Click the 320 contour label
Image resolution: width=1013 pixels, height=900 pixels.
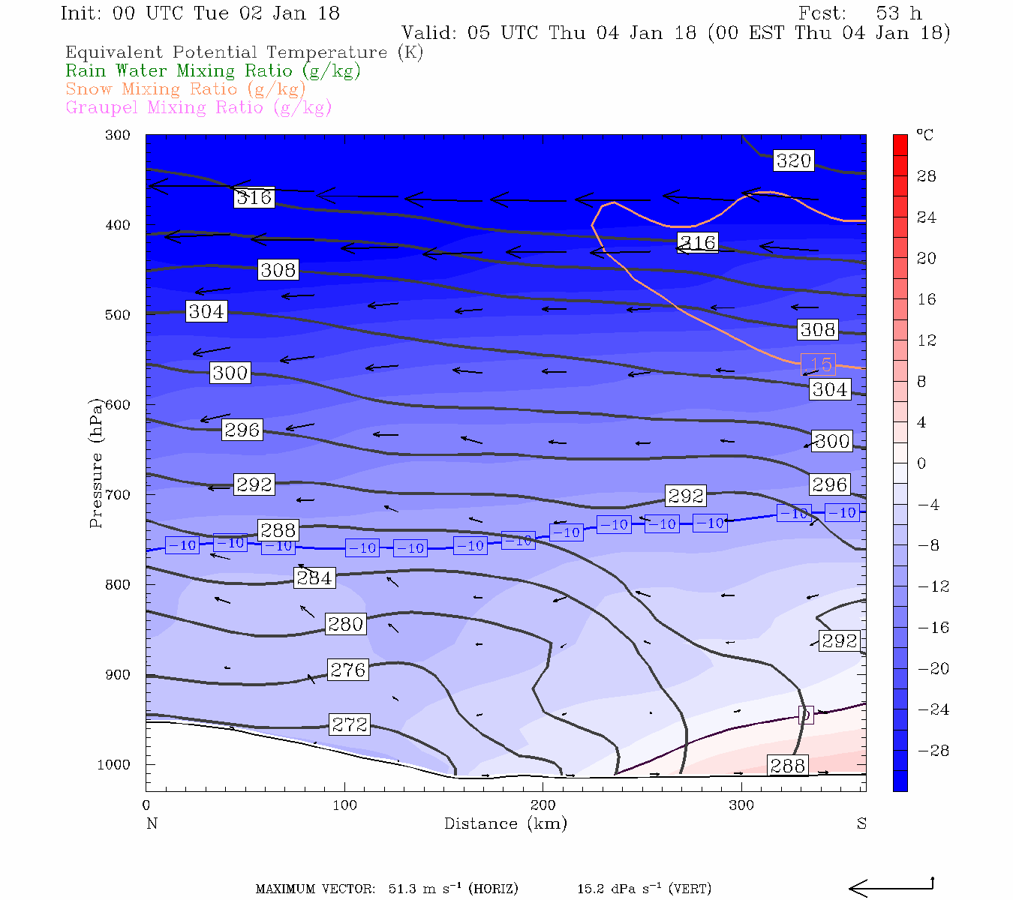[x=793, y=160]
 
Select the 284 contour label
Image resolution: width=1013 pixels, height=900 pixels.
[x=314, y=578]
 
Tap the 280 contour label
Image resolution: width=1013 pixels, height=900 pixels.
[x=345, y=624]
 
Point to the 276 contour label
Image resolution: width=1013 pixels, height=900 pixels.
[x=348, y=670]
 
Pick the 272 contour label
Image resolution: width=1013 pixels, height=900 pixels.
[x=350, y=724]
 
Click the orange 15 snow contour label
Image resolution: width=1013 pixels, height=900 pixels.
[x=819, y=364]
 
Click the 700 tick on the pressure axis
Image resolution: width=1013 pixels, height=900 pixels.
[x=117, y=495]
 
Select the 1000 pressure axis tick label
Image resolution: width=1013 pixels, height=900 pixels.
[x=114, y=765]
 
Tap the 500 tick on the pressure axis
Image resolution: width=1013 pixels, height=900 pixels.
[x=117, y=315]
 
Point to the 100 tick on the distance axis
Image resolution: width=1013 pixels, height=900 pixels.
[x=344, y=805]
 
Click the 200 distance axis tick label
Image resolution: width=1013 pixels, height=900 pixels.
[x=543, y=805]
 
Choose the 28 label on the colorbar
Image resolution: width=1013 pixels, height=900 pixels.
[x=927, y=176]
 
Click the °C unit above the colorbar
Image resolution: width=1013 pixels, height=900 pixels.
[x=924, y=136]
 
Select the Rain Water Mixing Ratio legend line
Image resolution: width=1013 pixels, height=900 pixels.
[x=213, y=71]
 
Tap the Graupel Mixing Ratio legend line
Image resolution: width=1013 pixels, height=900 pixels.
[x=198, y=107]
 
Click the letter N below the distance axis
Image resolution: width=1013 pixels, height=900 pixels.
[x=152, y=823]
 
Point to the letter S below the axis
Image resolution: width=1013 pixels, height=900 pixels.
[x=861, y=823]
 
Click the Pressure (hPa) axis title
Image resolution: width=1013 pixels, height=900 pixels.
[x=95, y=462]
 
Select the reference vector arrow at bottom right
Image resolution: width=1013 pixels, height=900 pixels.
[x=891, y=887]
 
